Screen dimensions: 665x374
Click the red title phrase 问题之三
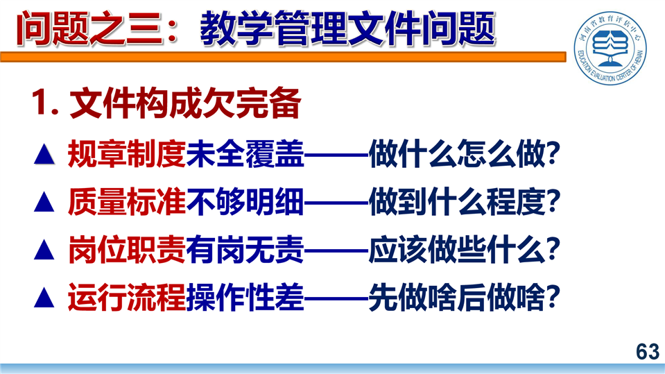coord(89,29)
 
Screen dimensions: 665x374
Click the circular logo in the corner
coord(610,47)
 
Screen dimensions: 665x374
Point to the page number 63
coord(648,352)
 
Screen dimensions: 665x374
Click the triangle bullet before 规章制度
coord(44,154)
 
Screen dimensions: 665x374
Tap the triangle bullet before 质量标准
coord(44,202)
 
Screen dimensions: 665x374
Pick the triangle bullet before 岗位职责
coord(44,250)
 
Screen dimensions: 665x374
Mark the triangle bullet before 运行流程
coord(44,297)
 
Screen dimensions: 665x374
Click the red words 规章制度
coord(126,153)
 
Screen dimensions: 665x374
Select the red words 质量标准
coord(126,202)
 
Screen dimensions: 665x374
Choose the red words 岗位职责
coord(126,250)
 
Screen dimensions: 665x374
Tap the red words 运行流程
coord(126,297)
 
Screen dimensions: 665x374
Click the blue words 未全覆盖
coord(245,153)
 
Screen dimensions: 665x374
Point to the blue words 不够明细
coord(245,202)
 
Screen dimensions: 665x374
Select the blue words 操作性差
coord(245,297)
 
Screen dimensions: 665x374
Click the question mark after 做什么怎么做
coord(553,154)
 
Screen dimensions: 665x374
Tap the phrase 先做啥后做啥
coord(456,297)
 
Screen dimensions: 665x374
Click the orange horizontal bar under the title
coord(283,57)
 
